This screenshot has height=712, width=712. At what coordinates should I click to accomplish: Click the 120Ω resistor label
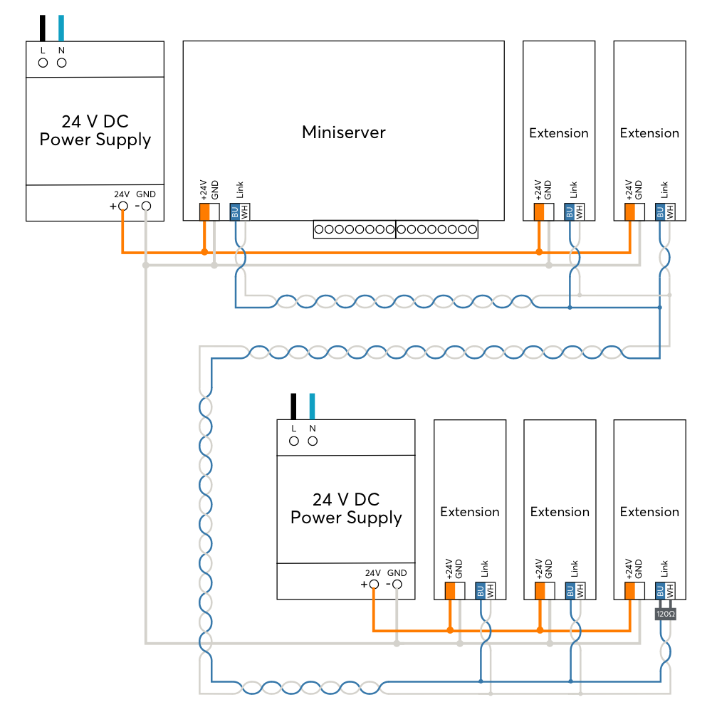665,614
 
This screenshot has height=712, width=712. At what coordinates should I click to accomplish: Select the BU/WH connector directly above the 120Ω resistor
665,591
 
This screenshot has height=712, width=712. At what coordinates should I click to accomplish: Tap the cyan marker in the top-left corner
61,28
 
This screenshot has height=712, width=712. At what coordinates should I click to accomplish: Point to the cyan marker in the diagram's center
312,406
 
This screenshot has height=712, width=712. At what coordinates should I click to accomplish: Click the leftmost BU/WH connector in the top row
240,212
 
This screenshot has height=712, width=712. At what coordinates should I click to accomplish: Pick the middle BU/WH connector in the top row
574,212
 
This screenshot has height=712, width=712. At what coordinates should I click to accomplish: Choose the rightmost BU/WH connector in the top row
665,212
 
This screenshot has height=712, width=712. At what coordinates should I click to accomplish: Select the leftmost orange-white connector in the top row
209,212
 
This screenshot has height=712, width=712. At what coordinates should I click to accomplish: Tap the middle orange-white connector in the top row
544,212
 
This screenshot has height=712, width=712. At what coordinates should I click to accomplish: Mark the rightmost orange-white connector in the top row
635,212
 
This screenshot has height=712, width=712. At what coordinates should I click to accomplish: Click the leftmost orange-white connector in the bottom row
455,591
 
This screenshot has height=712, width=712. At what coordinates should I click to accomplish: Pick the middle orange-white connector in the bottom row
545,591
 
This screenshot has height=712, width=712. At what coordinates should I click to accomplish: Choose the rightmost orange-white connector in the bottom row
635,591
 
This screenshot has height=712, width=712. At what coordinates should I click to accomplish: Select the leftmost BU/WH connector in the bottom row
486,591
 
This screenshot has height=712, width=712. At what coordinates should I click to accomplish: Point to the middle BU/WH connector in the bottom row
575,591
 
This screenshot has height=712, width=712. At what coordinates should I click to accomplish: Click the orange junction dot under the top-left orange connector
204,252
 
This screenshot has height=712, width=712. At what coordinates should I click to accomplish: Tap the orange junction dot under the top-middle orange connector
539,252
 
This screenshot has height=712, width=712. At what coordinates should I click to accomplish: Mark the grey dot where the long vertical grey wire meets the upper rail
145,265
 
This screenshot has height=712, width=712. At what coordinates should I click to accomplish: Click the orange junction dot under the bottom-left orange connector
450,630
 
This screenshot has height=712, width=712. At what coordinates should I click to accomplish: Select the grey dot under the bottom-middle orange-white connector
550,644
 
